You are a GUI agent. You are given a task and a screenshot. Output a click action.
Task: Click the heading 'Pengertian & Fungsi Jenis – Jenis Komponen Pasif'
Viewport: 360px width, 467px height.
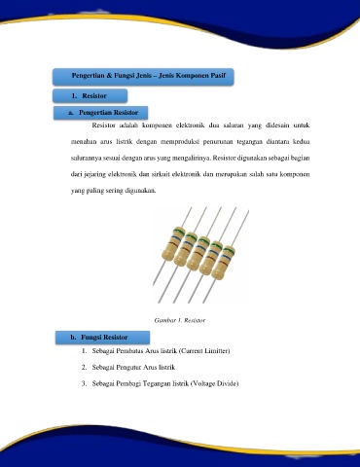click(149, 76)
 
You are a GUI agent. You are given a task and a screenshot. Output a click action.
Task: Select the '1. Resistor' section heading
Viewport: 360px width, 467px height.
click(90, 95)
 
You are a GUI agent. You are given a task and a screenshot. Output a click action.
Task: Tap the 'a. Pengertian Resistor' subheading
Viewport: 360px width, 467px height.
click(103, 113)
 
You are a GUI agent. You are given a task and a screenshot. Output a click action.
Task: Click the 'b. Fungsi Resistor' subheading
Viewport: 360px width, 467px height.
click(99, 338)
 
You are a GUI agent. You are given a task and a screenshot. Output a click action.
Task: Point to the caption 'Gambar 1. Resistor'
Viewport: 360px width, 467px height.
click(180, 320)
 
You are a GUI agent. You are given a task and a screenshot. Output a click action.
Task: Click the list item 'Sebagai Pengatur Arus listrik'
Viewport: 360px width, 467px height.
click(133, 368)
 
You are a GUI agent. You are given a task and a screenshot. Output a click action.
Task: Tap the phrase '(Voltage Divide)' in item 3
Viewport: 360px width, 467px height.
click(214, 383)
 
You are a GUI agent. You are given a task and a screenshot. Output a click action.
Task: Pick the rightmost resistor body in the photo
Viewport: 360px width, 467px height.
click(223, 263)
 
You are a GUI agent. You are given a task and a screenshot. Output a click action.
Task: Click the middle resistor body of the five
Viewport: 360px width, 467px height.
click(198, 253)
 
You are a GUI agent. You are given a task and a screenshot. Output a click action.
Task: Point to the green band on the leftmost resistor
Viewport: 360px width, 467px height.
click(179, 232)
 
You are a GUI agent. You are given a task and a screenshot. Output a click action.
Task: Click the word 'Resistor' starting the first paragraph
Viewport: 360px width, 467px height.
click(103, 126)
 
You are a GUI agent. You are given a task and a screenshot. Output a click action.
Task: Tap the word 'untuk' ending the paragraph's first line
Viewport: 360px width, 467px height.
click(302, 126)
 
